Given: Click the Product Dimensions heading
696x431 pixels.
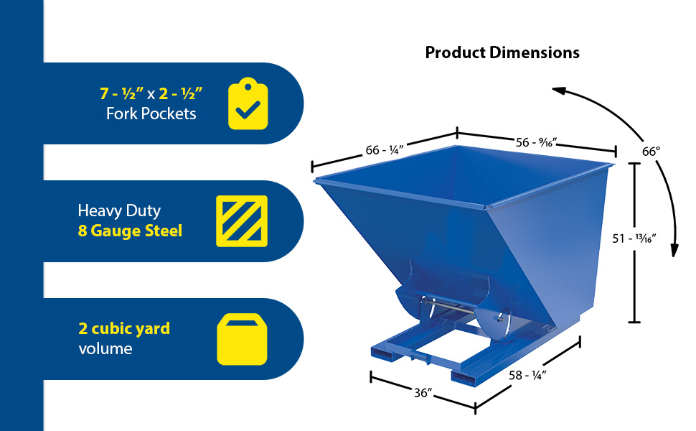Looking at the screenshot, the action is click(502, 52).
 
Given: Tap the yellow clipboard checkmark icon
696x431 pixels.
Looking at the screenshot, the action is click(248, 103).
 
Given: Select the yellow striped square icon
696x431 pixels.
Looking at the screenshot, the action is click(242, 221).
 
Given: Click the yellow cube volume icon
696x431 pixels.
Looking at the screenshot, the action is click(242, 339).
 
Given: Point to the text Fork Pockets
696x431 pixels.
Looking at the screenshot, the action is click(151, 113).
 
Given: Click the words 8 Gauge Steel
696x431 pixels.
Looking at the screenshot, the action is click(130, 231).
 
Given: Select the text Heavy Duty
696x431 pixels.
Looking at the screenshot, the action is click(119, 210).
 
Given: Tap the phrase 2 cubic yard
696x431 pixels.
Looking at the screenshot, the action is click(124, 328).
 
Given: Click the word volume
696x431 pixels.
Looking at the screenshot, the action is click(105, 348).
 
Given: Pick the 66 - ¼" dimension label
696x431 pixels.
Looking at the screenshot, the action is click(385, 149).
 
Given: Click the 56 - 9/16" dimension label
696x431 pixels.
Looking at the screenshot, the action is click(536, 142).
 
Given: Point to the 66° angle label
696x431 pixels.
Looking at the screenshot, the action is click(652, 152).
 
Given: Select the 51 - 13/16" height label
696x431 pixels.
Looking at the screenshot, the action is click(634, 238).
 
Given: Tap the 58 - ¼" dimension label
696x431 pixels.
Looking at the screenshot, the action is click(527, 375).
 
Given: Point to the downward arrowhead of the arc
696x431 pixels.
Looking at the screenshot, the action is click(674, 250).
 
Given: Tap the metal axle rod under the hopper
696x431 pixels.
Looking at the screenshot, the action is click(448, 307).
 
